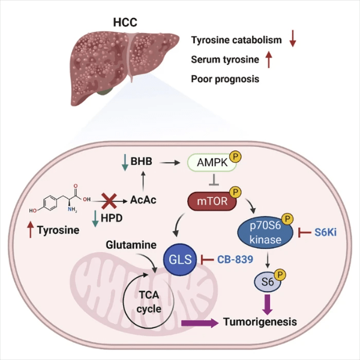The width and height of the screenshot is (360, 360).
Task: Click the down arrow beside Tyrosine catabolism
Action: click(293, 39)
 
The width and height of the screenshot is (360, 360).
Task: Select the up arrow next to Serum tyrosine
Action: click(269, 59)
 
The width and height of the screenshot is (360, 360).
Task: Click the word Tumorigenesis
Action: click(261, 322)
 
